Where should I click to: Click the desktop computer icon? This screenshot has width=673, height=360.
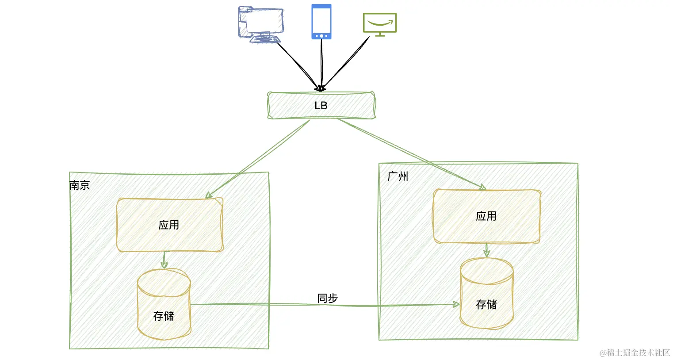[260, 24]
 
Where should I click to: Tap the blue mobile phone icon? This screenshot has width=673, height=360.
[321, 22]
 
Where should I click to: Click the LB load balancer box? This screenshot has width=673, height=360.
[321, 106]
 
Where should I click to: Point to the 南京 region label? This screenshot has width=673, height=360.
[80, 185]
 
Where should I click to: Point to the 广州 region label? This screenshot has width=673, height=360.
[398, 176]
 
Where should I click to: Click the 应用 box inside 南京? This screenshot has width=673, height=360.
[169, 225]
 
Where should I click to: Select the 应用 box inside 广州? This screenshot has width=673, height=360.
[486, 216]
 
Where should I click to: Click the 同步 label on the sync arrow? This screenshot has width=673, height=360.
[327, 299]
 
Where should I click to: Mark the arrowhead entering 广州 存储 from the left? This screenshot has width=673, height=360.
[455, 304]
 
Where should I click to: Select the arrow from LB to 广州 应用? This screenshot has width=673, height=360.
[411, 154]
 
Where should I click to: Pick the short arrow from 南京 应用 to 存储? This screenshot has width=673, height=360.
[164, 260]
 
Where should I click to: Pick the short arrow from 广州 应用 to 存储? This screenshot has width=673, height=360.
[486, 250]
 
